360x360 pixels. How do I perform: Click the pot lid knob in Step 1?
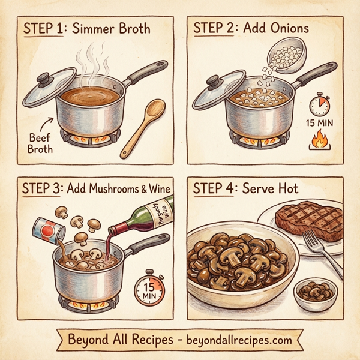tap(43, 78)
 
